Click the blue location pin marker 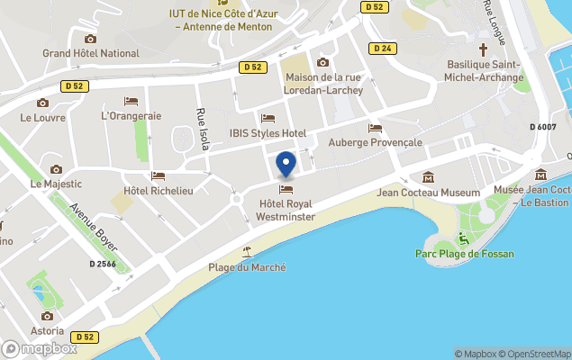coord(286,166)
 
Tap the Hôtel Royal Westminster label coord(286,211)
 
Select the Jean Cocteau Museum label coord(428,193)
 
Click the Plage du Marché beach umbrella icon coord(247,251)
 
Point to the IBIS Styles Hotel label coord(268,133)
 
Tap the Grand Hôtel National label coord(90,53)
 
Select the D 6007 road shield coord(543,127)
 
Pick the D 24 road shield coord(382,48)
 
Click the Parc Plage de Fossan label coord(465,254)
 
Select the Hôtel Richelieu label coord(159,191)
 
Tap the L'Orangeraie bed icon coord(132,101)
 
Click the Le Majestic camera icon coord(56,169)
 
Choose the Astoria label coord(47,330)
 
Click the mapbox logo coord(40,348)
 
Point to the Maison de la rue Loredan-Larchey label coord(322,84)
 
